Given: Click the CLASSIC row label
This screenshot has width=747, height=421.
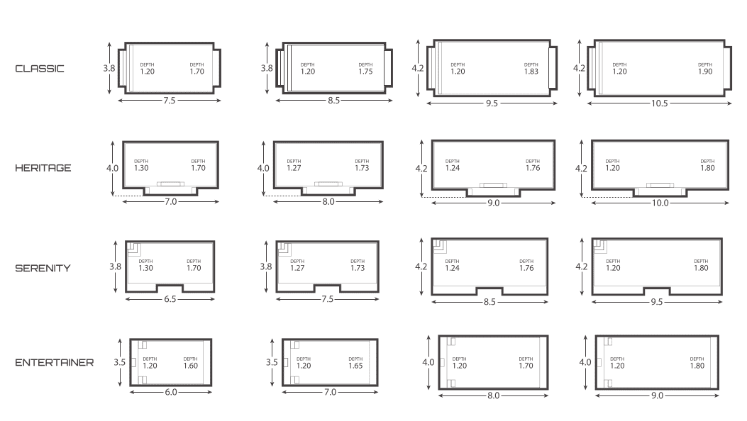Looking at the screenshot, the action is pyautogui.click(x=40, y=69).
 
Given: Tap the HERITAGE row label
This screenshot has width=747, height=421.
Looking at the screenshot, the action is pyautogui.click(x=43, y=168).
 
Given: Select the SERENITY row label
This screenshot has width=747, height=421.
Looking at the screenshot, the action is pyautogui.click(x=43, y=269).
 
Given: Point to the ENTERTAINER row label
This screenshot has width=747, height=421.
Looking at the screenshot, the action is pyautogui.click(x=55, y=362).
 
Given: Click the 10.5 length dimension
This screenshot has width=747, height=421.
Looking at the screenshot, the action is pyautogui.click(x=659, y=103).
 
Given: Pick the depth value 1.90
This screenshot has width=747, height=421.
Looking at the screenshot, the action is pyautogui.click(x=705, y=72).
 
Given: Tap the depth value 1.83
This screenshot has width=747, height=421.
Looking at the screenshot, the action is pyautogui.click(x=531, y=72).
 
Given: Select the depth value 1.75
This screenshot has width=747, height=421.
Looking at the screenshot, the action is pyautogui.click(x=365, y=72).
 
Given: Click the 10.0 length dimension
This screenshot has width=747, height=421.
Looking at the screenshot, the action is pyautogui.click(x=660, y=203).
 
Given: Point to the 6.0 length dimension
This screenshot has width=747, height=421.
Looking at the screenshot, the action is pyautogui.click(x=170, y=392).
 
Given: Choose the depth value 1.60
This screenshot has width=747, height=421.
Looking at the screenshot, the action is pyautogui.click(x=191, y=366).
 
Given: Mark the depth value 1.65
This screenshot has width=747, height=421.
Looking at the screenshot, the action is pyautogui.click(x=355, y=366).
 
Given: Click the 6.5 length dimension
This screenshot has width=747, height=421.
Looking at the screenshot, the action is pyautogui.click(x=170, y=299).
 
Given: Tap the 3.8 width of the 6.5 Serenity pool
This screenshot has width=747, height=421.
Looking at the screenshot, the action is pyautogui.click(x=116, y=266).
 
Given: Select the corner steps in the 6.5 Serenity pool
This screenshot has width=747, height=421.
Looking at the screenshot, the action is pyautogui.click(x=134, y=249).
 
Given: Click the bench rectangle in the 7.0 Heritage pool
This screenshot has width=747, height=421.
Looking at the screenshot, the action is pyautogui.click(x=170, y=184).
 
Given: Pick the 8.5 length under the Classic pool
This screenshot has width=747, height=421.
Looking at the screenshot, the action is pyautogui.click(x=333, y=101).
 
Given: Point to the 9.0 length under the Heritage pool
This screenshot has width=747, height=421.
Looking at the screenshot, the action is pyautogui.click(x=493, y=203).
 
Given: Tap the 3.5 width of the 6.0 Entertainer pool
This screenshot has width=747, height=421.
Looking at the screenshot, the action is pyautogui.click(x=120, y=362).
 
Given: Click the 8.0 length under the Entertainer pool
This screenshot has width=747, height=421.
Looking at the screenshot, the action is pyautogui.click(x=493, y=395).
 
